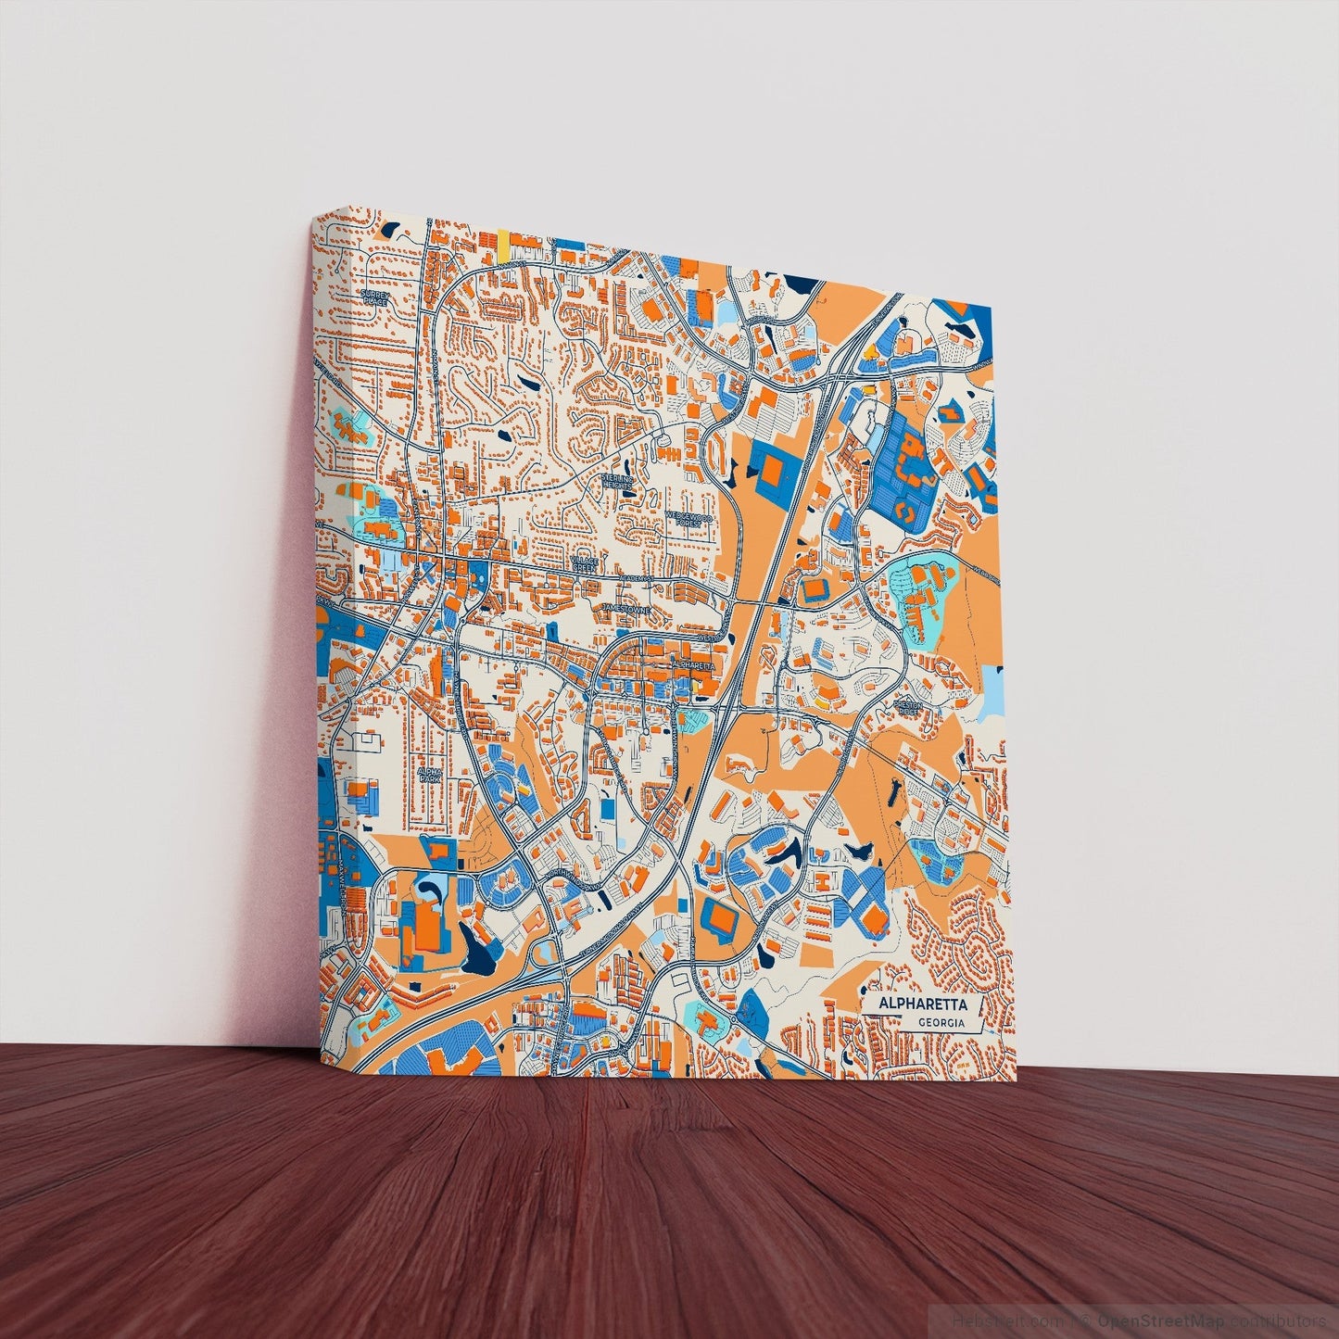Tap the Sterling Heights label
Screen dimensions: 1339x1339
(x=616, y=481)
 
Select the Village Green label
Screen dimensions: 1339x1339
(x=586, y=563)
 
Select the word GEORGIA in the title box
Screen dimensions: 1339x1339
(x=941, y=1023)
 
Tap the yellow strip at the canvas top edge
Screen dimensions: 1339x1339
(x=502, y=243)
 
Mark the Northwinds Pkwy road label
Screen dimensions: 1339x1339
(x=575, y=879)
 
